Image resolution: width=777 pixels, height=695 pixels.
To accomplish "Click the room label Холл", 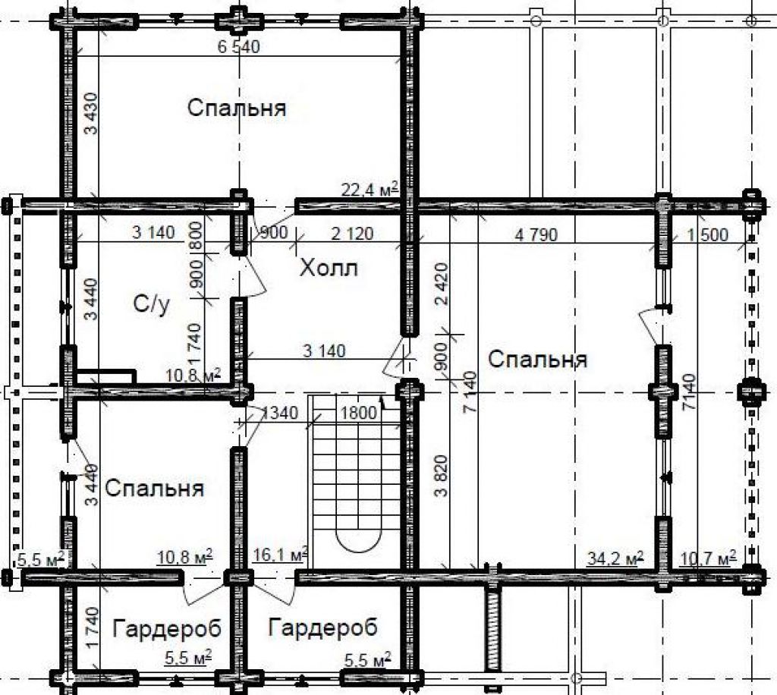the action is pos(329,268).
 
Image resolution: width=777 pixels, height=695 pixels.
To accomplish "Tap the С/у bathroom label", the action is pos(152,303).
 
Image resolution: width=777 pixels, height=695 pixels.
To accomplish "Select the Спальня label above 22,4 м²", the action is pos(237,108).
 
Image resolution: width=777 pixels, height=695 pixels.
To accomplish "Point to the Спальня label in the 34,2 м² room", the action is pos(538,359).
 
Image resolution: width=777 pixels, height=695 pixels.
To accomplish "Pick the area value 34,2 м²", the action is pos(615,558).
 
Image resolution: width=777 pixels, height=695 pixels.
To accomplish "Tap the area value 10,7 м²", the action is pos(708,558).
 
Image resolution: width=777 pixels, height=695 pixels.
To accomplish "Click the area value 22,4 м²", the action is pos(370,189).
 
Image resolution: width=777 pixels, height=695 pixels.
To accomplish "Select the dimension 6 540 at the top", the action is pos(239,46).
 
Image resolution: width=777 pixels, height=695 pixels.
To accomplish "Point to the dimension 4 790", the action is pos(536,234).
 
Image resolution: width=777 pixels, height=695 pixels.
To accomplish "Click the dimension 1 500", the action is pos(708,234).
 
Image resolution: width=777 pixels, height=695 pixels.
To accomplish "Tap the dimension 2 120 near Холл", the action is pos(352,233).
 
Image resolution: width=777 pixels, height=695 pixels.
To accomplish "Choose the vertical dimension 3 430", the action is pos(91,114).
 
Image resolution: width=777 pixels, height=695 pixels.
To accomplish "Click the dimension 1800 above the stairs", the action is pos(359,412).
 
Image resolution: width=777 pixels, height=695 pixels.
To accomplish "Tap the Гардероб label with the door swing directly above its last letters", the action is pos(167,629).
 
